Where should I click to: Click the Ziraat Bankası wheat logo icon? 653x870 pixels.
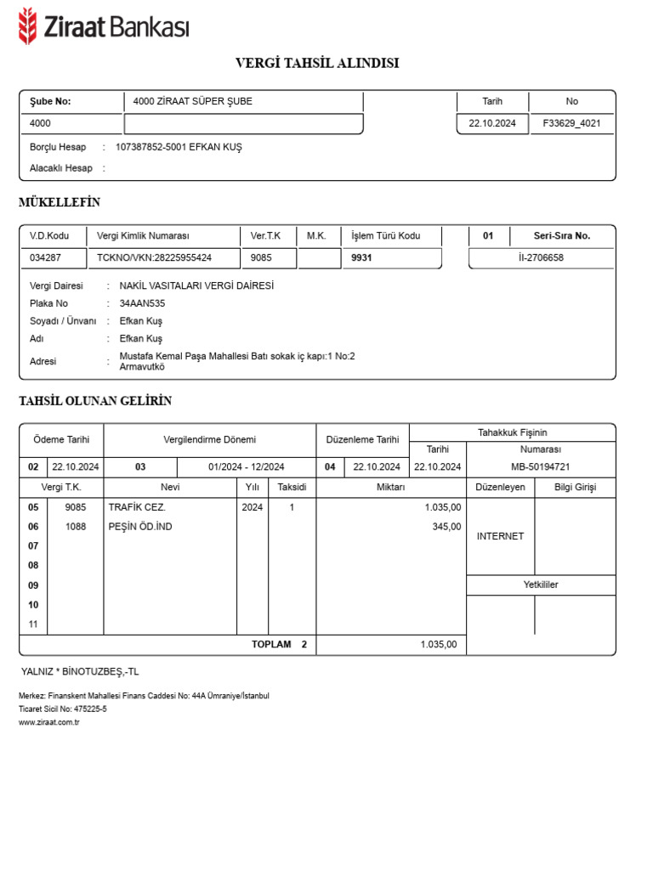[x=28, y=25]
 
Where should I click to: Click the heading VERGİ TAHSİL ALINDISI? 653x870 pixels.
[x=317, y=63]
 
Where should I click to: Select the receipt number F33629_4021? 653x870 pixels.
[x=571, y=123]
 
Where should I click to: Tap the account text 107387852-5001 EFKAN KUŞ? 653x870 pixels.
[x=179, y=147]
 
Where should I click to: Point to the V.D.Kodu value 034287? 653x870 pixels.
[x=45, y=257]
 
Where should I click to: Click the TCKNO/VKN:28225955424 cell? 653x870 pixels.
[x=155, y=257]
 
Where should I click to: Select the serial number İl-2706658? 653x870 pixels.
[x=541, y=257]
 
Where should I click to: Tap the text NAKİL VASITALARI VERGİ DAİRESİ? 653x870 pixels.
[x=196, y=286]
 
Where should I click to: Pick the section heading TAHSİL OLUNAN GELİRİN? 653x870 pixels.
[x=95, y=401]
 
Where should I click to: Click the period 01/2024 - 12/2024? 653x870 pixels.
[x=247, y=466]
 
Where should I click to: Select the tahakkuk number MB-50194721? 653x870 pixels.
[x=540, y=466]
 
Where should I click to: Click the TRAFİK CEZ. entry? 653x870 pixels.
[x=137, y=507]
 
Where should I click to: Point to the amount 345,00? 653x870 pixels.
[x=446, y=527]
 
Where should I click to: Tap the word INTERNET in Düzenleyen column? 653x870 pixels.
[x=500, y=536]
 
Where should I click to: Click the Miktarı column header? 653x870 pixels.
[x=391, y=488]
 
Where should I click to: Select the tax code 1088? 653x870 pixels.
[x=76, y=527]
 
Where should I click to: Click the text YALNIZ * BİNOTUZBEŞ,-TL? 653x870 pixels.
[x=80, y=671]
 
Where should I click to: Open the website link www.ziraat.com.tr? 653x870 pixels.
[x=48, y=722]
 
